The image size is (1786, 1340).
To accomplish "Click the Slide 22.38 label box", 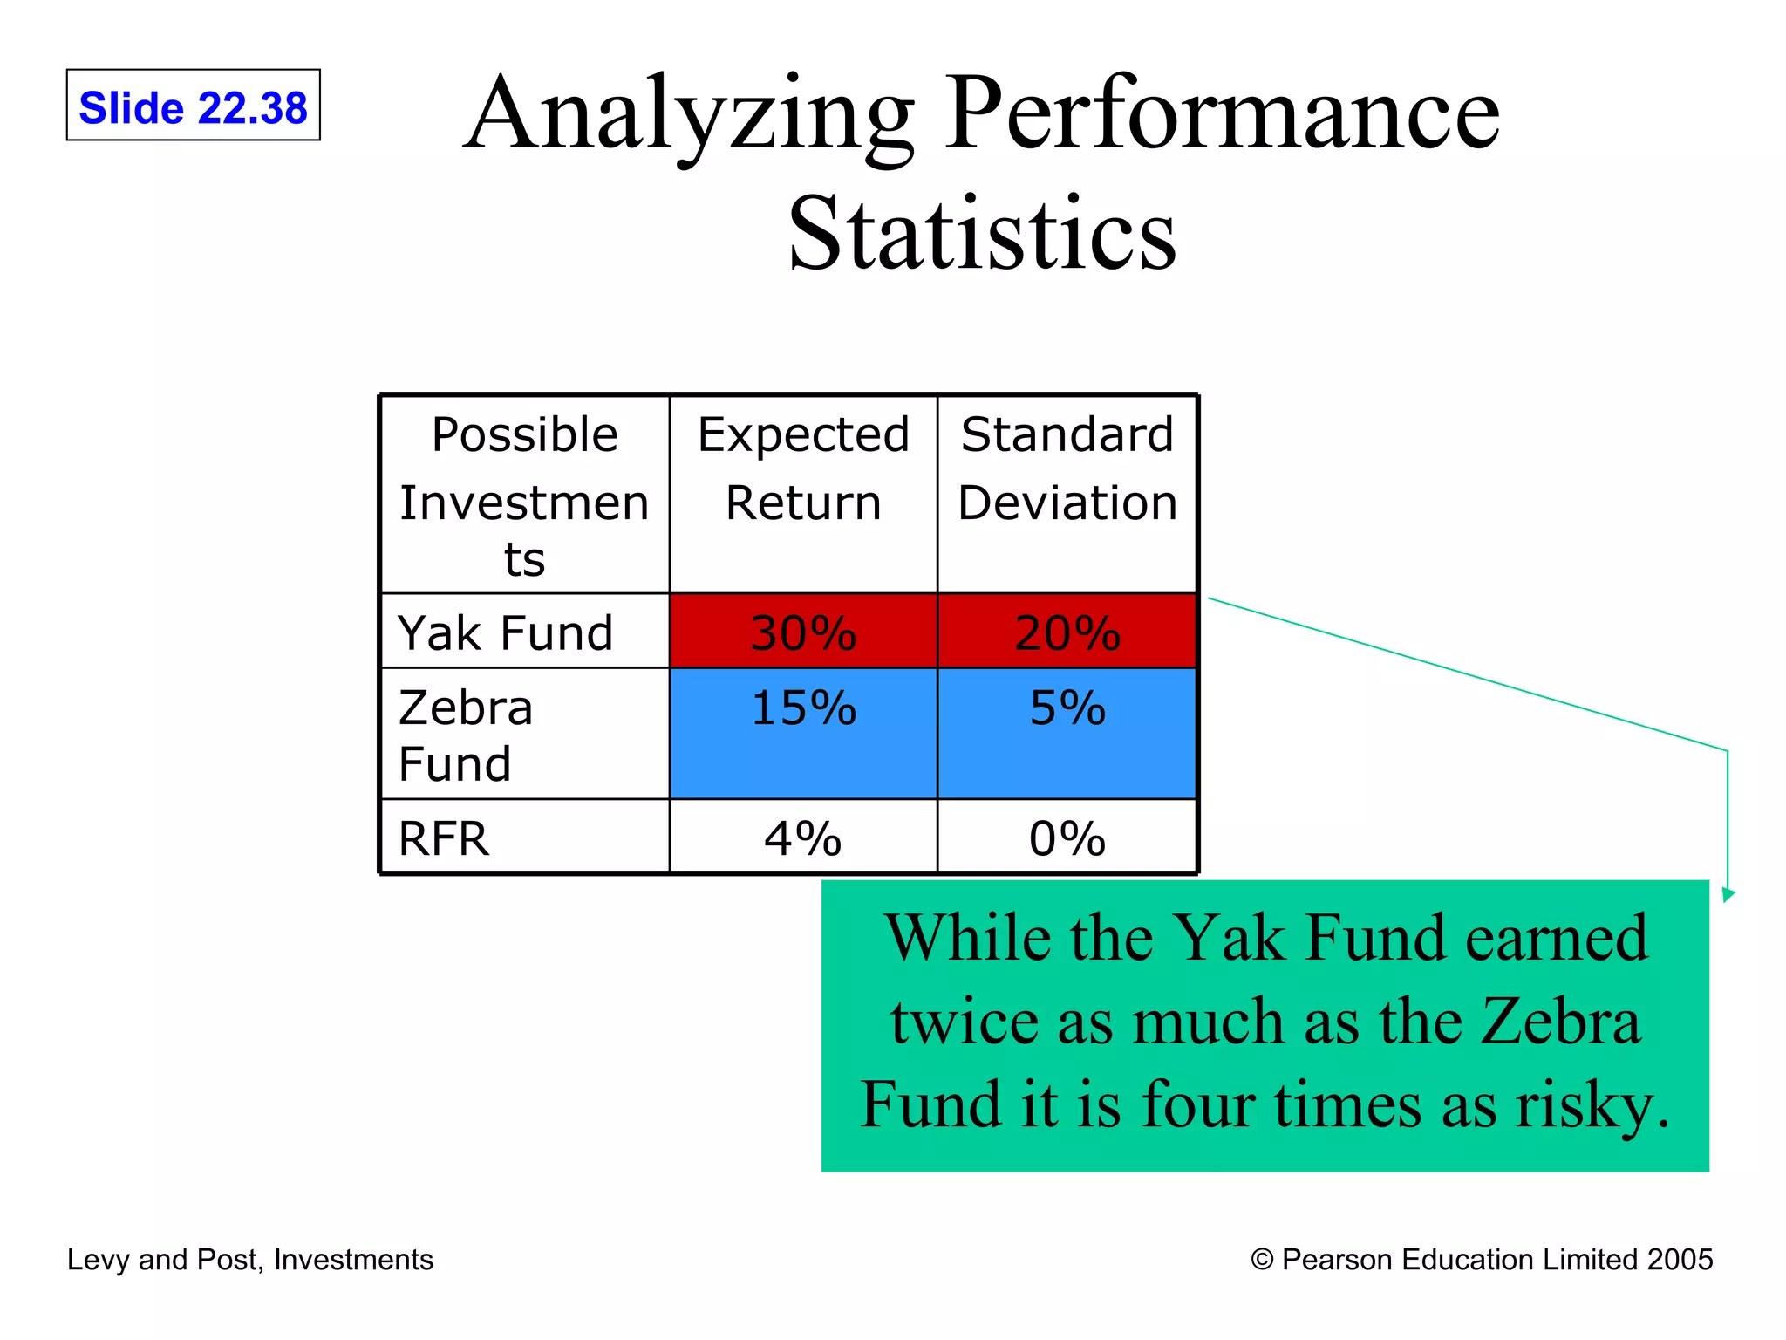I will coord(193,106).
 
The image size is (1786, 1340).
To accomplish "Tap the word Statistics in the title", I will coord(982,234).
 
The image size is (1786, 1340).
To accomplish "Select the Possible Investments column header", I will coord(524,494).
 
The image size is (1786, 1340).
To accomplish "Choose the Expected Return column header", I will coord(803,469).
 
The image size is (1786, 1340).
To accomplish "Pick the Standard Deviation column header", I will coord(1067,469).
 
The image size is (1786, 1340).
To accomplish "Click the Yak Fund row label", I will coord(506,632).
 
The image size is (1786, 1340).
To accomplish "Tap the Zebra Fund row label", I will coord(466,735).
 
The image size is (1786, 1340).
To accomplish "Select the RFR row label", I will coord(444,838).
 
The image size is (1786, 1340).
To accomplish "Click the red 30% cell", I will coord(803,632).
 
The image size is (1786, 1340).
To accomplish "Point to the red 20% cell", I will coord(1067,632).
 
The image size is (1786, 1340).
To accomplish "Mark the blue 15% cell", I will coord(803,733).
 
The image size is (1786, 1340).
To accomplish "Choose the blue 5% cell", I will coord(1067,733).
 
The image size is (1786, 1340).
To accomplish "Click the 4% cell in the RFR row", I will coord(803,838).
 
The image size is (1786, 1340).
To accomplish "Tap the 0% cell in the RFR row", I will coord(1067,838).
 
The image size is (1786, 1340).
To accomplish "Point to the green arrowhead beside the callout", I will coord(1728,894).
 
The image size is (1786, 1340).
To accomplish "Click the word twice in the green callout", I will coord(965,1022).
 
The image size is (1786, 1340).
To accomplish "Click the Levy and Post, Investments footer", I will coord(250,1260).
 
